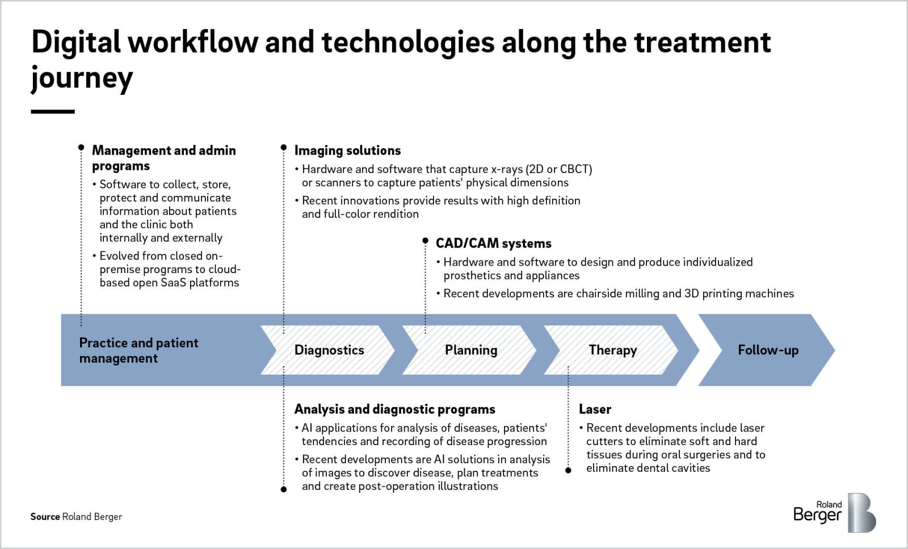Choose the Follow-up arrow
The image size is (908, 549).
click(767, 350)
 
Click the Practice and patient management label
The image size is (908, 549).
click(138, 350)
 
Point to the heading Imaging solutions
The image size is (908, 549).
click(347, 150)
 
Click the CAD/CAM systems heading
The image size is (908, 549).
click(493, 244)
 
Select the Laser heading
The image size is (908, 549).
click(595, 409)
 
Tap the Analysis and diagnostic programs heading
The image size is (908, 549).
click(394, 409)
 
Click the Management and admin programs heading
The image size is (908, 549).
click(164, 158)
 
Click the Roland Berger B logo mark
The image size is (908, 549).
click(862, 513)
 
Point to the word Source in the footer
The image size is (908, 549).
click(45, 517)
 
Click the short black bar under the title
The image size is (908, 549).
click(53, 111)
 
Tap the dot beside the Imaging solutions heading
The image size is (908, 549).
click(284, 147)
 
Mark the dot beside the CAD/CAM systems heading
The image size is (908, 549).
click(425, 241)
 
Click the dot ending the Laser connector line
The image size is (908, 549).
click(568, 470)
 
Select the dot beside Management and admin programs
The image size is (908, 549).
click(81, 147)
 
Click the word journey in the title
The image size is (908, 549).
click(82, 78)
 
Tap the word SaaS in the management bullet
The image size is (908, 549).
click(173, 283)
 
